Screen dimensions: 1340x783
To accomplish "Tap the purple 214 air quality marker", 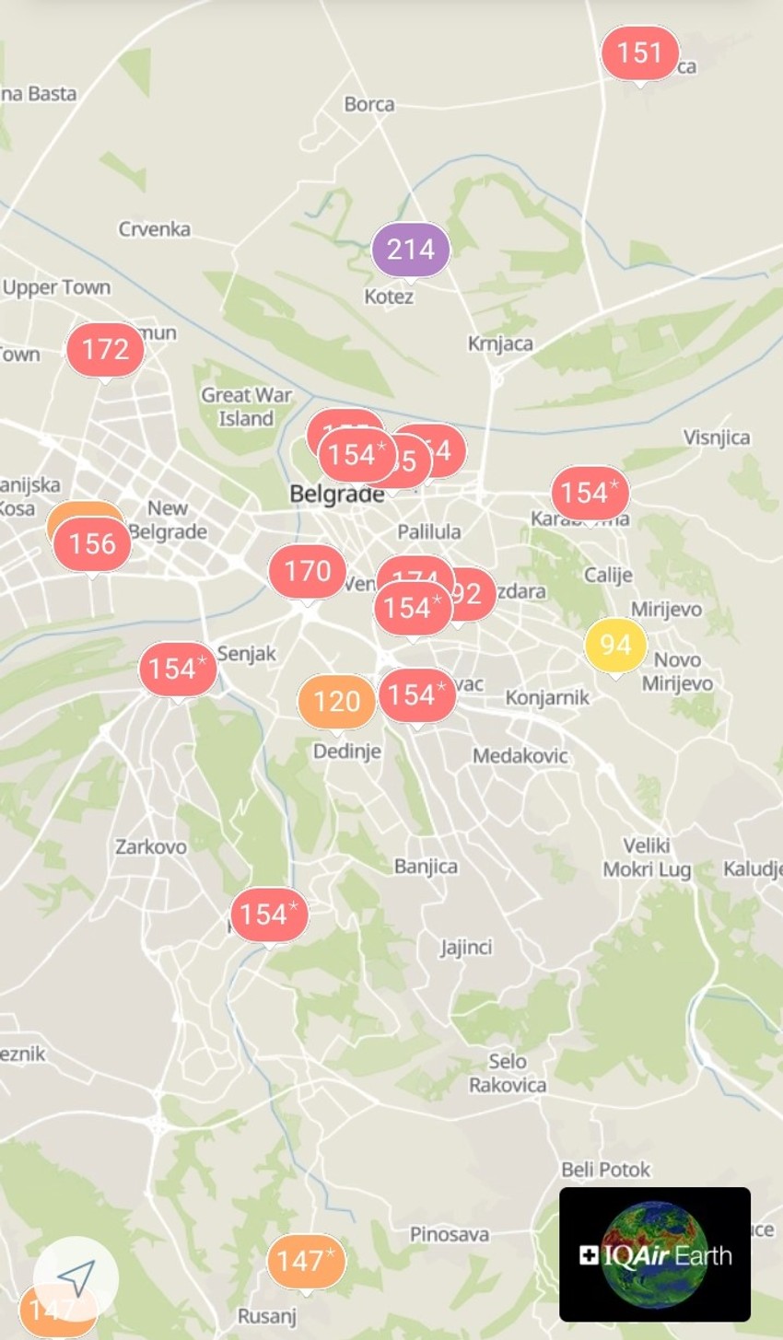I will tap(411, 250).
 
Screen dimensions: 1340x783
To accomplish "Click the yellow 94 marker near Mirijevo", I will tap(615, 645).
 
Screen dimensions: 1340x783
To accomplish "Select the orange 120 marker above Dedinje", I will tap(336, 702).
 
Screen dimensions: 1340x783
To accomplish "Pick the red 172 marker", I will tap(105, 350).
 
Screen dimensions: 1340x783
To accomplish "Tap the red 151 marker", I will tap(639, 53).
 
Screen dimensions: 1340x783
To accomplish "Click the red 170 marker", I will tap(307, 572).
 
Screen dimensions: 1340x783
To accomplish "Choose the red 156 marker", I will tap(92, 544).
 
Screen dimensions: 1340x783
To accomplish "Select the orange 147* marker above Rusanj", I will tap(306, 1261).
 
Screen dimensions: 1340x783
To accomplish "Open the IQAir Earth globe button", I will tap(655, 1254).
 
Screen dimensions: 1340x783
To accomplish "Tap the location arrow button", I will tap(76, 1277).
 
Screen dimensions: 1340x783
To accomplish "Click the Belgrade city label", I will tap(336, 495).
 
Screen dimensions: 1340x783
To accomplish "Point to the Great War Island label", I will tap(246, 407).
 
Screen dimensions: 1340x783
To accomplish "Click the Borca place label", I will tap(369, 105).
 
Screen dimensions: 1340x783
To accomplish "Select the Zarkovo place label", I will tap(151, 846).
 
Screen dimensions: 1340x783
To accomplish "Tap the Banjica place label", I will tap(426, 867).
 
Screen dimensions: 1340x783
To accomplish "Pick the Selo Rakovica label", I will tap(508, 1074).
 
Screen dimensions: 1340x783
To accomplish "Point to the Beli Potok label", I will tap(606, 1170).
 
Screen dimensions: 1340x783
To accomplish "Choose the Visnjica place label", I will tap(717, 437).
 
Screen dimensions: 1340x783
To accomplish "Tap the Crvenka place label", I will tap(155, 229).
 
